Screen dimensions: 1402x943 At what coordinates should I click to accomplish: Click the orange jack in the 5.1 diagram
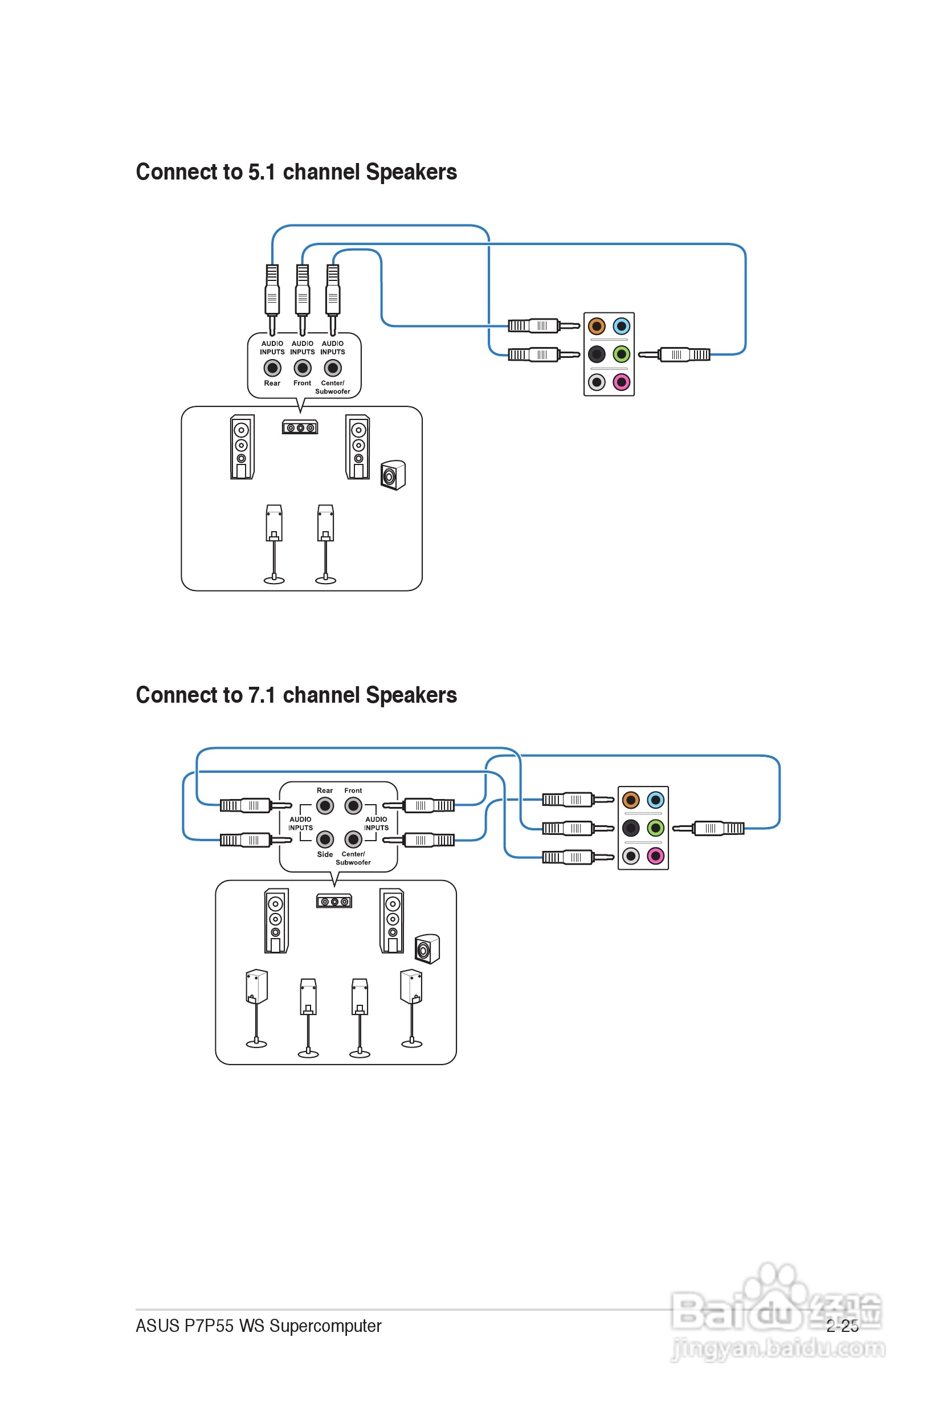[596, 326]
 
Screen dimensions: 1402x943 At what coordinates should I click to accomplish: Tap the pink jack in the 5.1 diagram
[621, 382]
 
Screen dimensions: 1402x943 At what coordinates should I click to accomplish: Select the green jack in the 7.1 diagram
[655, 828]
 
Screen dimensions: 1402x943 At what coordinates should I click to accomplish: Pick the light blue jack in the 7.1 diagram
[655, 800]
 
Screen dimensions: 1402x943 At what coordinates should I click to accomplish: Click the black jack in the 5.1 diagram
[596, 354]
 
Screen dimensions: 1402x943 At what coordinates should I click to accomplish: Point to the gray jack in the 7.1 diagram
[630, 856]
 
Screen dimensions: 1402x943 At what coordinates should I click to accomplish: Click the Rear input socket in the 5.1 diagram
[272, 368]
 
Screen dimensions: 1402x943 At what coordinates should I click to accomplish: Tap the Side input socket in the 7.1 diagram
[325, 838]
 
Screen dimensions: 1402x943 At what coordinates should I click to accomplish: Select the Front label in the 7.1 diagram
[353, 790]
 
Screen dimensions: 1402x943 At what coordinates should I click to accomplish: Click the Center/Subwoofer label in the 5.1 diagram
[333, 387]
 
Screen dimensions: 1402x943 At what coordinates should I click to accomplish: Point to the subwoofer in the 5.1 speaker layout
[393, 475]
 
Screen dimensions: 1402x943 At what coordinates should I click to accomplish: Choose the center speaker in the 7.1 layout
[334, 901]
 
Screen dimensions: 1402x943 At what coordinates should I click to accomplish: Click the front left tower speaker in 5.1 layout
[242, 447]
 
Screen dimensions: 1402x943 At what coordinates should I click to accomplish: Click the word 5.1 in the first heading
[262, 172]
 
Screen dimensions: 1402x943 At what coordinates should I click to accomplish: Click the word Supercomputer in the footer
[325, 1326]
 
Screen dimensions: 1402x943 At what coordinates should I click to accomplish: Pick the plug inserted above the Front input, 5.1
[303, 291]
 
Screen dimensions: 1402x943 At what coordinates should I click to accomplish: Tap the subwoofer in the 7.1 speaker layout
[427, 949]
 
